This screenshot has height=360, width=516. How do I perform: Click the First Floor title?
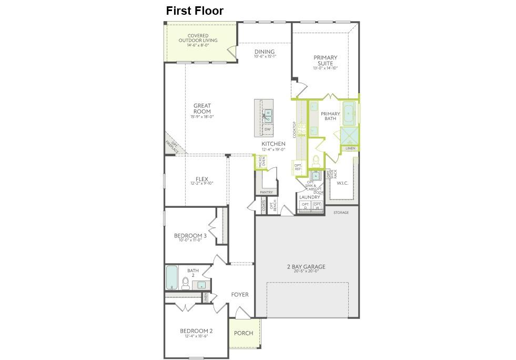(x=195, y=11)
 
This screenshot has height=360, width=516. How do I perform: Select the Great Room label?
(x=202, y=108)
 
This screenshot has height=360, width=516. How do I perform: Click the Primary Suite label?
(x=325, y=61)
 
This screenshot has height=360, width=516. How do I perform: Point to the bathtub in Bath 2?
(x=172, y=277)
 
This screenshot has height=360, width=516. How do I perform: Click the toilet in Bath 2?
(x=186, y=284)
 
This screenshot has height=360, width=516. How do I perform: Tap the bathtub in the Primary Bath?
(x=349, y=112)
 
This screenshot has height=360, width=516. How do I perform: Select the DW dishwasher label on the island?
(x=268, y=129)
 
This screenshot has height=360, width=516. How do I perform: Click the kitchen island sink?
(x=268, y=115)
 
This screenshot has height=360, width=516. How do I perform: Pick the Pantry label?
(x=266, y=193)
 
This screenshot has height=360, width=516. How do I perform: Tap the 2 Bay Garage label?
(x=306, y=267)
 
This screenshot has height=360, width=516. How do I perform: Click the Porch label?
(x=244, y=333)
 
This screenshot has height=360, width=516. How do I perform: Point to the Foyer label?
(x=240, y=295)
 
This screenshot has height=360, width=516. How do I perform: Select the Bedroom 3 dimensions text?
(x=190, y=240)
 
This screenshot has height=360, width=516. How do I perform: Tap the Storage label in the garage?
(x=341, y=213)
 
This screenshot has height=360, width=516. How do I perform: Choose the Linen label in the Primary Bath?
(x=350, y=148)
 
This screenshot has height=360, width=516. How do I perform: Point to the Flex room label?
(x=202, y=179)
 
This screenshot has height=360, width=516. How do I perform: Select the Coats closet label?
(x=264, y=206)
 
